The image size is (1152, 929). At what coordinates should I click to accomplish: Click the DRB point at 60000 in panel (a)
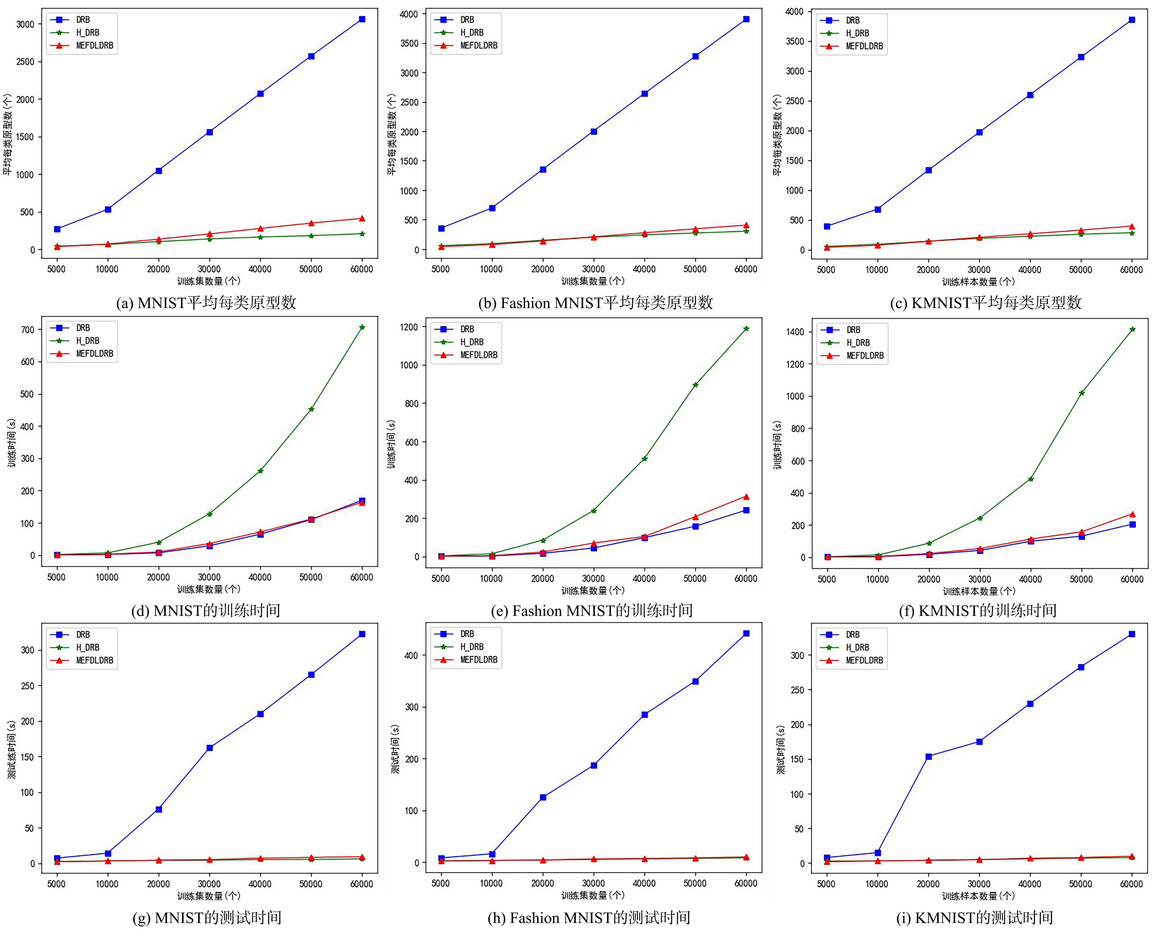click(x=362, y=19)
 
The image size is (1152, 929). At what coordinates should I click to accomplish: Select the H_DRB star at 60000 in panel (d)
click(x=362, y=327)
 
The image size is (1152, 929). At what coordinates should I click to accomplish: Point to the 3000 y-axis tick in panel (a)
click(x=25, y=24)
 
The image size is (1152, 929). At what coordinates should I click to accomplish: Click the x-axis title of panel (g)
click(x=209, y=895)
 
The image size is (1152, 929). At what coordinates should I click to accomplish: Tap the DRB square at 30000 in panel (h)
click(x=593, y=765)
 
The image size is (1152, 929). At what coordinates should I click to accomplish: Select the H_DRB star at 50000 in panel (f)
click(x=1081, y=393)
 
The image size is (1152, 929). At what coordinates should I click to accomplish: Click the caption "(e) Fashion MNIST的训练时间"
click(x=592, y=611)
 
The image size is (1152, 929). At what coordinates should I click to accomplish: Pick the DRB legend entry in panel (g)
click(x=82, y=635)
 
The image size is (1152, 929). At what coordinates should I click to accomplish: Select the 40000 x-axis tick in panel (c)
click(x=1030, y=270)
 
